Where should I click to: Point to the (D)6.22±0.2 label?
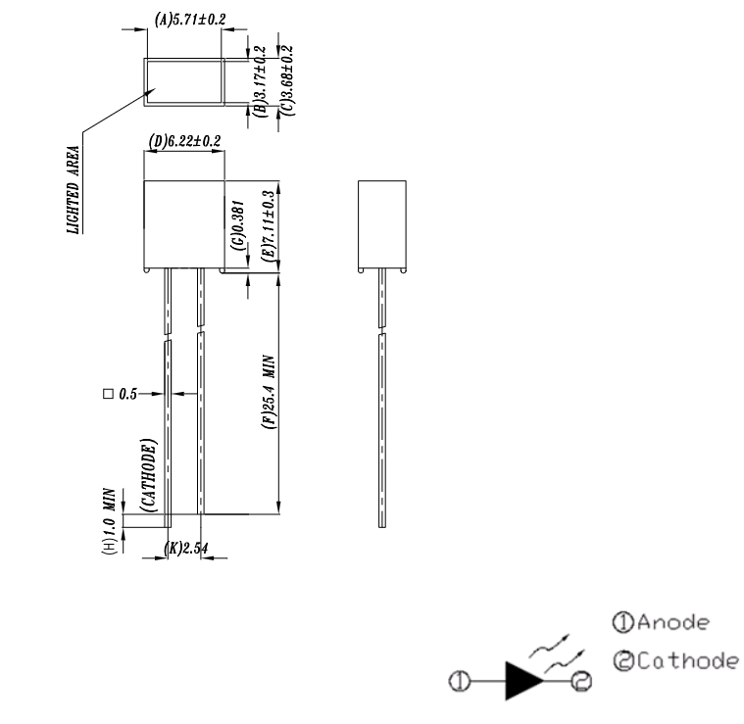(x=184, y=142)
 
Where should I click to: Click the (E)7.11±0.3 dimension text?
(x=269, y=225)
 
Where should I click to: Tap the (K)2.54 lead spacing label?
(x=186, y=548)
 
